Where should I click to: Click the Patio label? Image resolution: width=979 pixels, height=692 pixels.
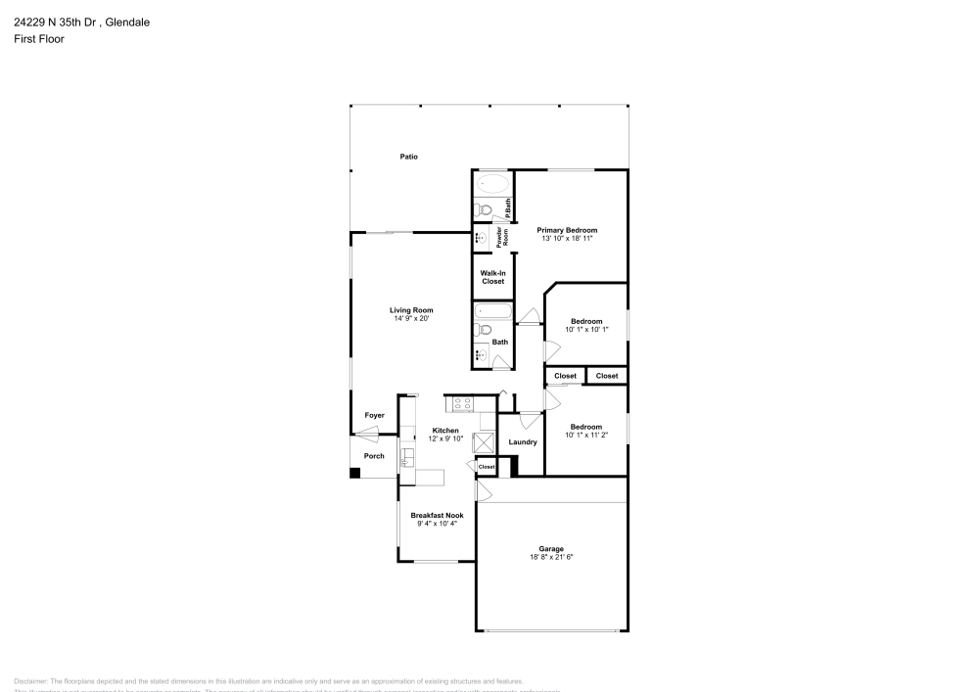click(x=408, y=157)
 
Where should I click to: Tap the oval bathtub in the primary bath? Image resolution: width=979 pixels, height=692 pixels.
click(x=492, y=184)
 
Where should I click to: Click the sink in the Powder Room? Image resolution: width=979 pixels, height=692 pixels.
click(x=482, y=237)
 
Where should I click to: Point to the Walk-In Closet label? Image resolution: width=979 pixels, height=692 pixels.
click(x=492, y=277)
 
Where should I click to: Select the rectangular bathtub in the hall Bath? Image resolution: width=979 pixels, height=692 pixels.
click(x=492, y=311)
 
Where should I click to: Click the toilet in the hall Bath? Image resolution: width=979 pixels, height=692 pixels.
click(x=485, y=330)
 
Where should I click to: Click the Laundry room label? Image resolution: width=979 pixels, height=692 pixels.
click(x=523, y=442)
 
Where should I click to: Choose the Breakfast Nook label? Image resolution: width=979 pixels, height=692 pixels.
click(x=437, y=516)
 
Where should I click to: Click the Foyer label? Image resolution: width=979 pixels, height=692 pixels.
click(x=374, y=416)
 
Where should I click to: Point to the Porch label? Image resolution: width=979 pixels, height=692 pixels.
click(x=374, y=456)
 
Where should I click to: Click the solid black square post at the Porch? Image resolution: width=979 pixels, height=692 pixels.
click(x=355, y=474)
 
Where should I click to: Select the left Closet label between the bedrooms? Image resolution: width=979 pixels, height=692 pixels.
click(x=565, y=376)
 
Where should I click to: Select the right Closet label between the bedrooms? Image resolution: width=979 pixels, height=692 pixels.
click(x=607, y=376)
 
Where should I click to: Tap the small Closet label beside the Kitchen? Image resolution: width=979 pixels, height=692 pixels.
click(x=487, y=468)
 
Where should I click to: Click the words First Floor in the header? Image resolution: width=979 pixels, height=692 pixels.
click(x=39, y=39)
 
